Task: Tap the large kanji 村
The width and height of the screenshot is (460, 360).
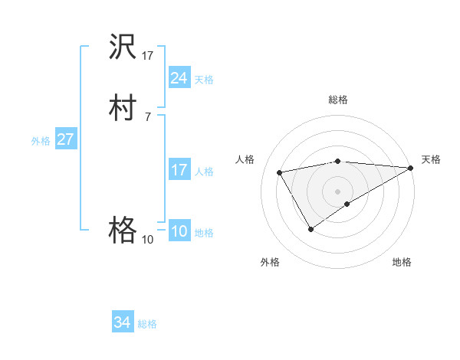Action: click(x=123, y=107)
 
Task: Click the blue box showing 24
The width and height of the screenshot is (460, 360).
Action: click(x=179, y=77)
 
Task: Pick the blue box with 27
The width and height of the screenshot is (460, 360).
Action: click(x=65, y=139)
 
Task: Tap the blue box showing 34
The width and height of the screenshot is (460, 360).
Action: click(x=122, y=322)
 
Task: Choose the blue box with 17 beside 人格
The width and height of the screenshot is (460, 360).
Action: click(x=179, y=170)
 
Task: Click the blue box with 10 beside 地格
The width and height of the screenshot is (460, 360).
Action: click(x=179, y=231)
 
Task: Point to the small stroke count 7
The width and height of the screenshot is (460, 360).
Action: click(x=147, y=116)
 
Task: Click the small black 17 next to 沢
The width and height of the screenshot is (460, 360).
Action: click(x=148, y=55)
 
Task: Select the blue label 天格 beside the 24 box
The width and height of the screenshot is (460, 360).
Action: click(x=204, y=79)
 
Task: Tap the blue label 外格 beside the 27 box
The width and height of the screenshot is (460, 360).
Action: click(x=41, y=141)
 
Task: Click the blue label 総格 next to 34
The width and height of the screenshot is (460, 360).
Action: click(x=147, y=324)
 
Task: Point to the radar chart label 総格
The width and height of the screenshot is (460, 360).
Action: click(x=337, y=100)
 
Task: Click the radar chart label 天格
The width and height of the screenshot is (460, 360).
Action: click(x=431, y=159)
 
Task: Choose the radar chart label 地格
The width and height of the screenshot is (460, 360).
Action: click(x=402, y=262)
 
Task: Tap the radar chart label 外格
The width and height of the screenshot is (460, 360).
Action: click(x=270, y=262)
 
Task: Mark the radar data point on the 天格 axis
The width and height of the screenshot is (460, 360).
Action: click(x=412, y=167)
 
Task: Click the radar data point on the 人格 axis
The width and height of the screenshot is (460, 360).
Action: click(x=280, y=172)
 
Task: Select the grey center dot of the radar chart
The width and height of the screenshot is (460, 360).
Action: click(x=337, y=191)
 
